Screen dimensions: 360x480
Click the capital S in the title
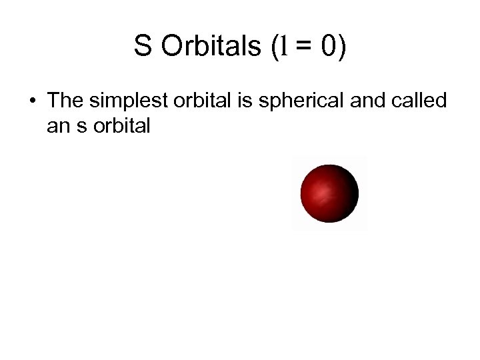coord(143,47)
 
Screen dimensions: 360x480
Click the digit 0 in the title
coord(329,47)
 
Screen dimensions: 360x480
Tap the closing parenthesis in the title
coord(343,48)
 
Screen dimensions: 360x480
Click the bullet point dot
coord(32,102)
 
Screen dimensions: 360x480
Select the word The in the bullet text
coord(65,101)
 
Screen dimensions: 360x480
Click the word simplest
coord(127,102)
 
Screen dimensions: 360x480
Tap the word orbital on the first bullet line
coord(200,101)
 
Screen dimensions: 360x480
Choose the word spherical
coord(292,102)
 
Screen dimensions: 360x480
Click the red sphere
coord(329,194)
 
